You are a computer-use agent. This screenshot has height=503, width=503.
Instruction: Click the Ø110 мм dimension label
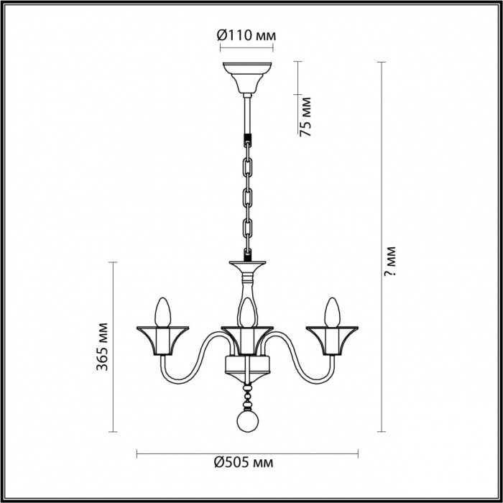tap(246, 35)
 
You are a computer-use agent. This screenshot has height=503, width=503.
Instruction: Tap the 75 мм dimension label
tap(305, 116)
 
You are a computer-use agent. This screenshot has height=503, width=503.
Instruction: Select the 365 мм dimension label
tap(102, 346)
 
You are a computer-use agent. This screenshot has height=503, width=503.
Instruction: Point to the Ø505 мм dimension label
tap(244, 462)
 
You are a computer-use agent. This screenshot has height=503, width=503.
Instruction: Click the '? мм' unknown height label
tap(390, 261)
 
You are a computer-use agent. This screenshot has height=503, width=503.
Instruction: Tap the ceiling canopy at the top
tap(247, 78)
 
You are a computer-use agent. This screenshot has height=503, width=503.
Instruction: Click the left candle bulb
tap(162, 313)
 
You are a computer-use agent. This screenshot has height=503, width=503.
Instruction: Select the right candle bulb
tap(332, 313)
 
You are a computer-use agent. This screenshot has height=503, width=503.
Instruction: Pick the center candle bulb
tap(247, 313)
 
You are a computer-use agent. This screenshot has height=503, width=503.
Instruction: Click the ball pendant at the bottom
tap(247, 422)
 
